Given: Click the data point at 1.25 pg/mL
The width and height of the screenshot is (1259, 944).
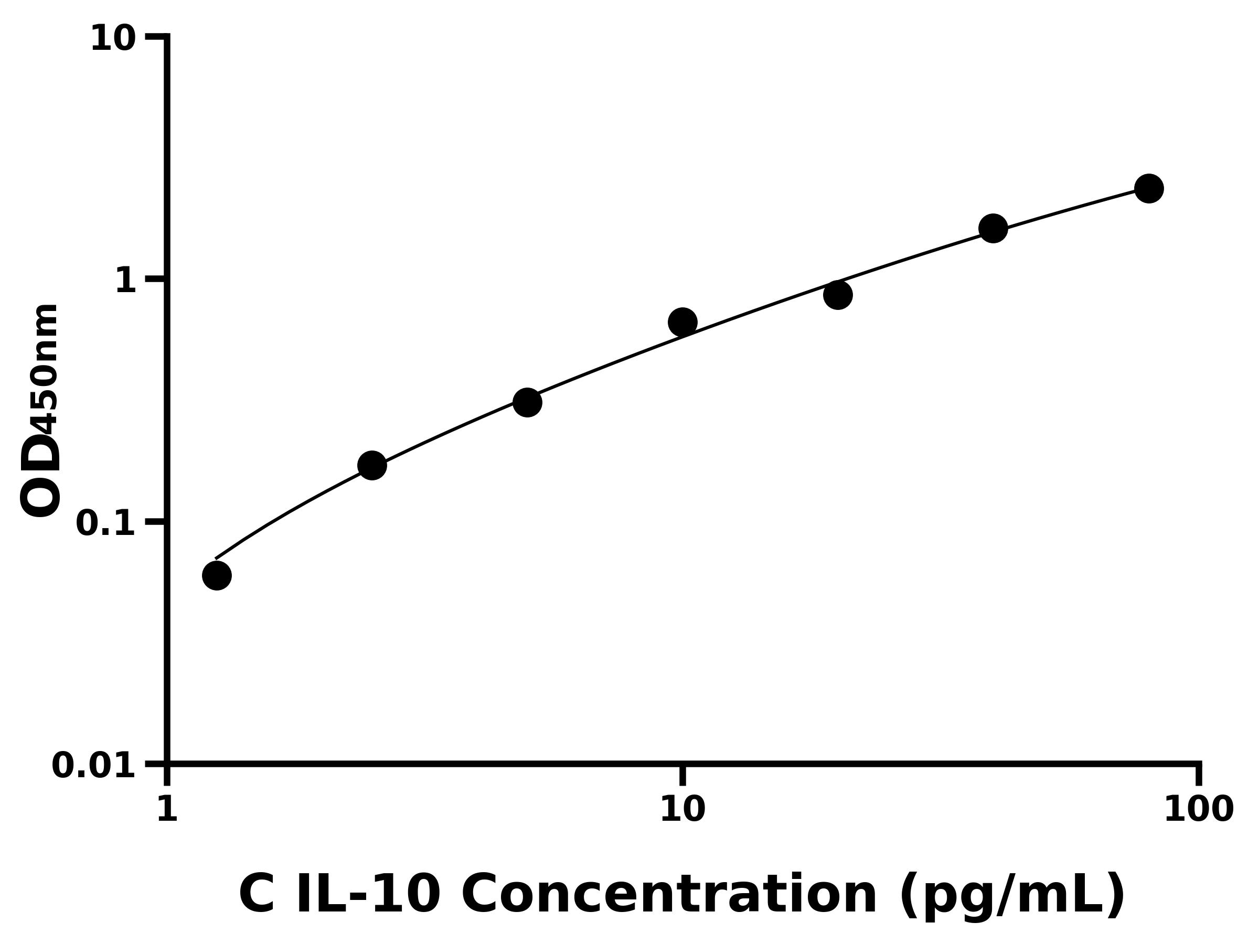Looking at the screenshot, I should [217, 575].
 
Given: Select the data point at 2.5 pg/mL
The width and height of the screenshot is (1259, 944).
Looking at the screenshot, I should [372, 466].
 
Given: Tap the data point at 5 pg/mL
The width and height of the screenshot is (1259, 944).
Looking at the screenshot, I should [527, 402].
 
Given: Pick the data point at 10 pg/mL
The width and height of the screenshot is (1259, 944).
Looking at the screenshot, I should [682, 322].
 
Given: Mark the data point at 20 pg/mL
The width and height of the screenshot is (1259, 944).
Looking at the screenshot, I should [838, 295].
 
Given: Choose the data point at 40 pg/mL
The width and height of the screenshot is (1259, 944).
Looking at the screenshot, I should [993, 228].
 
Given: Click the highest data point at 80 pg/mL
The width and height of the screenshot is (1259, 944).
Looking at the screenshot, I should [1149, 188].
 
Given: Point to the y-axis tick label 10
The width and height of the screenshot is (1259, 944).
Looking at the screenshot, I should [113, 40].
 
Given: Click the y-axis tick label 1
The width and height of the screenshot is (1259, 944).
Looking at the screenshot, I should [126, 281].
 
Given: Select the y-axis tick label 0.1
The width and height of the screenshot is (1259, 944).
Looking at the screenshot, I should [106, 523].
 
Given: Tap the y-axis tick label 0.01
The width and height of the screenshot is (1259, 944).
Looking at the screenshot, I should [94, 766].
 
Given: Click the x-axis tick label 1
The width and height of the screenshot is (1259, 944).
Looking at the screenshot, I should [167, 810].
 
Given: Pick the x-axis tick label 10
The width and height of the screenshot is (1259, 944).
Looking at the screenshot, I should [682, 810].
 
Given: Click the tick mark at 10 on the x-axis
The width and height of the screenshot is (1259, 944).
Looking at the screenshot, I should [682, 775].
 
